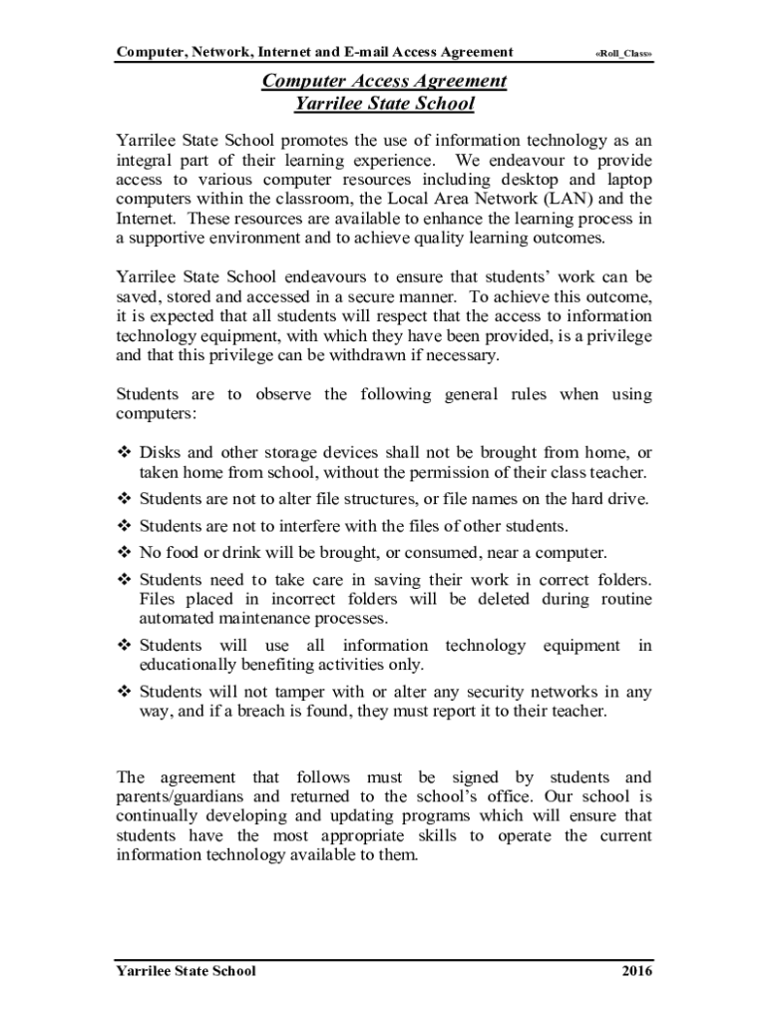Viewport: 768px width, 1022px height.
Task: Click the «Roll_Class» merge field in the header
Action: (x=624, y=53)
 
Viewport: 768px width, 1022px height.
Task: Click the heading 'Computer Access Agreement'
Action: (x=384, y=81)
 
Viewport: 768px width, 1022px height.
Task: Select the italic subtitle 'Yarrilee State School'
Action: (x=384, y=103)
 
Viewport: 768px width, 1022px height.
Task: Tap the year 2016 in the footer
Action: (x=634, y=971)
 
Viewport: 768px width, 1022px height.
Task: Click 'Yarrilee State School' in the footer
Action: (x=186, y=971)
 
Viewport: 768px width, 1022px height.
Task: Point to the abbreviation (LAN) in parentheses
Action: (x=554, y=199)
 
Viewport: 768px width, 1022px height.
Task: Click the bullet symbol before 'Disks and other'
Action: (x=125, y=453)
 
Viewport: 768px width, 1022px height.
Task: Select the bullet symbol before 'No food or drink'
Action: (x=125, y=552)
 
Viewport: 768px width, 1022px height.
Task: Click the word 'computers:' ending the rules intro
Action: (x=151, y=413)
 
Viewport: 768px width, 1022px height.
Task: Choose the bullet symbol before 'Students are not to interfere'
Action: (x=125, y=525)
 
